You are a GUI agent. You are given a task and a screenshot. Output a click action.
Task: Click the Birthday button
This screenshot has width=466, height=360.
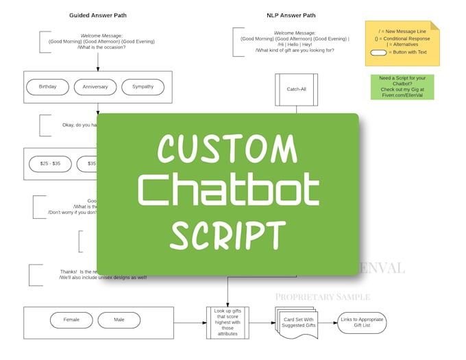tap(48, 87)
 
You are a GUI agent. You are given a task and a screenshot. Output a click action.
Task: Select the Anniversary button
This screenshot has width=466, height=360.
tap(95, 87)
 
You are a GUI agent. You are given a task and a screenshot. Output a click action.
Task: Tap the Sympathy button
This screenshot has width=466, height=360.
tap(143, 87)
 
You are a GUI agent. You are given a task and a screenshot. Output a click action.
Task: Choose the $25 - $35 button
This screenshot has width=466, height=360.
tap(50, 164)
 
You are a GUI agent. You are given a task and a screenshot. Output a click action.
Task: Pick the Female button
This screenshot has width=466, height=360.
tap(71, 320)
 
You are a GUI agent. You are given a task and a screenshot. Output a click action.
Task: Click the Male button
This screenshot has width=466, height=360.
tap(119, 320)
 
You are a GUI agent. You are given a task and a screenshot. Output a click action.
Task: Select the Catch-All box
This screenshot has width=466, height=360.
tap(296, 90)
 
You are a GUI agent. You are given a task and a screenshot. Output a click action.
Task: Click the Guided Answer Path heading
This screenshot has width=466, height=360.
tap(98, 15)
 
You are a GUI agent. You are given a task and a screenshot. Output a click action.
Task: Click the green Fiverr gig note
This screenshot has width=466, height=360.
tap(402, 87)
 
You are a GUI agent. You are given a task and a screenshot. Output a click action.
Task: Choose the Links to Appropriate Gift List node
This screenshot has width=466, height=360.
tap(362, 322)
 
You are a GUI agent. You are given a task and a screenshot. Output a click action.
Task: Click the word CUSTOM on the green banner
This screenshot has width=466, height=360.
tap(228, 149)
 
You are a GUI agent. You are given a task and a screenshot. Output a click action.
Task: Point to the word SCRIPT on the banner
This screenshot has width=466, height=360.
tap(228, 235)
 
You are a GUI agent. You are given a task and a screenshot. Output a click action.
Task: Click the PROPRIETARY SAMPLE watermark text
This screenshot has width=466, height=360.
tap(322, 297)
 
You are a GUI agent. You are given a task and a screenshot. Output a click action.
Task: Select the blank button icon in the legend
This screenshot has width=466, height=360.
tap(378, 52)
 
